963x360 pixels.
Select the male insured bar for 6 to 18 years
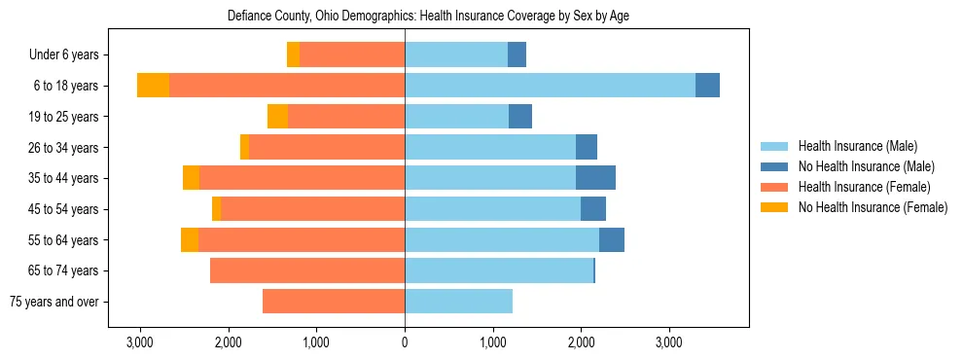pos(550,86)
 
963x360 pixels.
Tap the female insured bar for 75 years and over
pos(334,302)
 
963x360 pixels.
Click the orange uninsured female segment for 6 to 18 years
pos(153,86)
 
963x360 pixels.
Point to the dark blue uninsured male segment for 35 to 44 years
pos(595,178)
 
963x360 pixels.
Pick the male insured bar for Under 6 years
pos(456,54)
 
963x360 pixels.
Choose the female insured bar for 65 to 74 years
pos(307,270)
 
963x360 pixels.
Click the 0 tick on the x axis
pos(405,342)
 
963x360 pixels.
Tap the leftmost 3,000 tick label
pos(140,342)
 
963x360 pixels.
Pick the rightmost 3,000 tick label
pos(669,342)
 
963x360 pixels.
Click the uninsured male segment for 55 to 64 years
pos(612,239)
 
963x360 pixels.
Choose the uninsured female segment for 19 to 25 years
pos(277,117)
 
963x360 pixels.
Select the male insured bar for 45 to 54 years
pos(492,209)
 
